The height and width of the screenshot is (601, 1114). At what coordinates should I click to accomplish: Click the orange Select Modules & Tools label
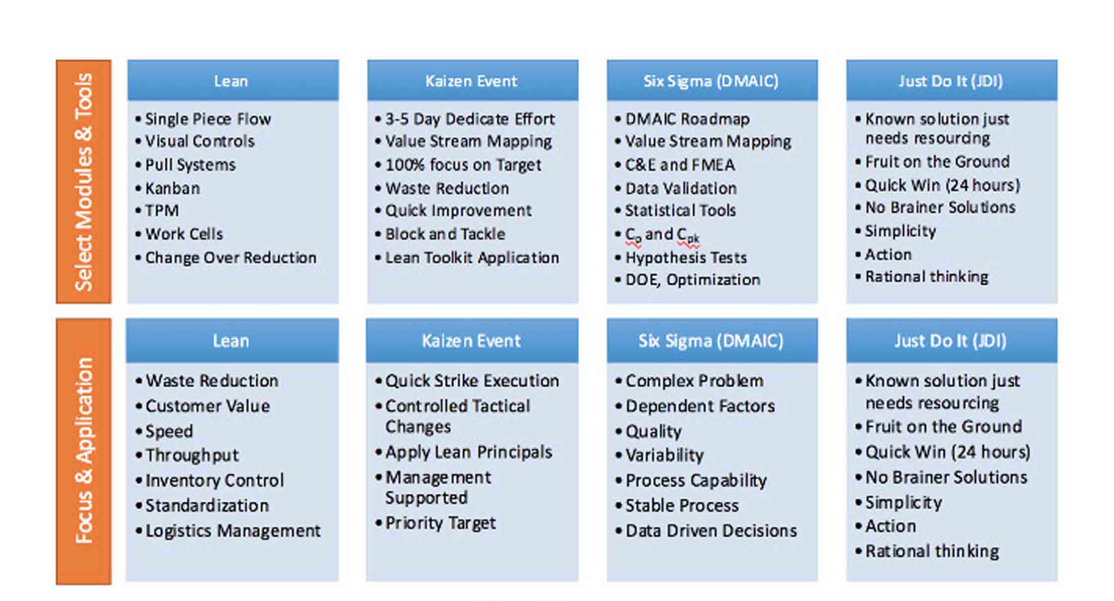coord(83,182)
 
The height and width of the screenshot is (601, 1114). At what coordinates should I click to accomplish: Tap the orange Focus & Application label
coord(83,451)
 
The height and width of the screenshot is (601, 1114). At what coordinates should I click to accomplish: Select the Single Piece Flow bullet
coord(203,119)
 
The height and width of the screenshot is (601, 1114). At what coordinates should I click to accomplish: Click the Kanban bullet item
coord(168,189)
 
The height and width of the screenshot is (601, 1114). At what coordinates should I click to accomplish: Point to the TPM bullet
coord(157,210)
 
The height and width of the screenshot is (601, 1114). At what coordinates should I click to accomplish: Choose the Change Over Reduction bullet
coord(225,258)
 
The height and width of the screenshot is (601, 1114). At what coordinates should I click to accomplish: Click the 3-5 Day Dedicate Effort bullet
coord(465,119)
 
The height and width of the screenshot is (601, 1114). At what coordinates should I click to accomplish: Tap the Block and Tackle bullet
coord(440,234)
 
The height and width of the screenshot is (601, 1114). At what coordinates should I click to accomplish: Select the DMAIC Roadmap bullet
coord(682,119)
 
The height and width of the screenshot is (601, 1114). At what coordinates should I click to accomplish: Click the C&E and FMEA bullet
coord(675,165)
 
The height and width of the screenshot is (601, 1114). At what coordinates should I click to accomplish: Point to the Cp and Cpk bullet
coord(657,235)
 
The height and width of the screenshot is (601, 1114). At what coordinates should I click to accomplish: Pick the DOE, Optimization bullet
coord(687,280)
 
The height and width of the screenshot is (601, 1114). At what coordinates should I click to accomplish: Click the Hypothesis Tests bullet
coord(681,258)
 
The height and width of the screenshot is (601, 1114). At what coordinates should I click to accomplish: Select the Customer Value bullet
coord(203,406)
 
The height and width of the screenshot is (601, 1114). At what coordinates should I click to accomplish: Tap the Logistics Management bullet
coord(228,531)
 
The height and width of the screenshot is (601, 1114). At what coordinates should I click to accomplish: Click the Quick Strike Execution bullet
coord(467,381)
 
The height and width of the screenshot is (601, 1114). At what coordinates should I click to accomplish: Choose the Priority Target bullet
coord(436,523)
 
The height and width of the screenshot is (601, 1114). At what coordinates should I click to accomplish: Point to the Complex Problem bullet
coord(689,381)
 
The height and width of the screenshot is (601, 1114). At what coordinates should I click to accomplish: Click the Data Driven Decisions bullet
coord(706,531)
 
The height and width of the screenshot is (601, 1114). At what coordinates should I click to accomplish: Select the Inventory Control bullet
coord(210,480)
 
